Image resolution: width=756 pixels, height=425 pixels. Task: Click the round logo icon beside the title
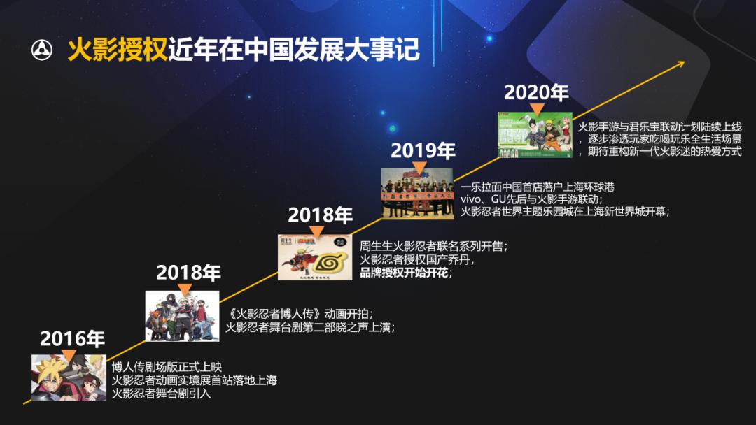point(42,50)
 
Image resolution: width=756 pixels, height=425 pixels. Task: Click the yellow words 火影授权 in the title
point(118,50)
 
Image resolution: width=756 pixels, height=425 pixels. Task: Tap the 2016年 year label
point(72,339)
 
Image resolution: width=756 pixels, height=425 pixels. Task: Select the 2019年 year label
point(423,150)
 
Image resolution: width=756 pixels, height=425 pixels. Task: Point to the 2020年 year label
point(536,92)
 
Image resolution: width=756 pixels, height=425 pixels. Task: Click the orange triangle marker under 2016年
point(69,356)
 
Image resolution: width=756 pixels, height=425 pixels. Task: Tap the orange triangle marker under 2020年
point(537,108)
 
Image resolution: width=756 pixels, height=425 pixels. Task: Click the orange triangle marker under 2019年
point(419,166)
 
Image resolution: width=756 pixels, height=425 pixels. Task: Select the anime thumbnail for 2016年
point(59,377)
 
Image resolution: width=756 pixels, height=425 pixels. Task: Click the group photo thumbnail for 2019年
point(416,193)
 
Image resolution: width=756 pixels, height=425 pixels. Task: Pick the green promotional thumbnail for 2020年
point(535,135)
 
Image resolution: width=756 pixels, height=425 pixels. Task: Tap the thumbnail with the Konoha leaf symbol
point(315,257)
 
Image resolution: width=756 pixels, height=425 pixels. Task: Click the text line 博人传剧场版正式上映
point(167,367)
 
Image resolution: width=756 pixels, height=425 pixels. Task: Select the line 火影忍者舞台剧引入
point(161,394)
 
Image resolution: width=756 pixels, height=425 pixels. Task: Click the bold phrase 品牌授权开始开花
point(405,273)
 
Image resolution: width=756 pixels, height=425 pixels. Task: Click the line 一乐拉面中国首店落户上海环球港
point(537,187)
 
